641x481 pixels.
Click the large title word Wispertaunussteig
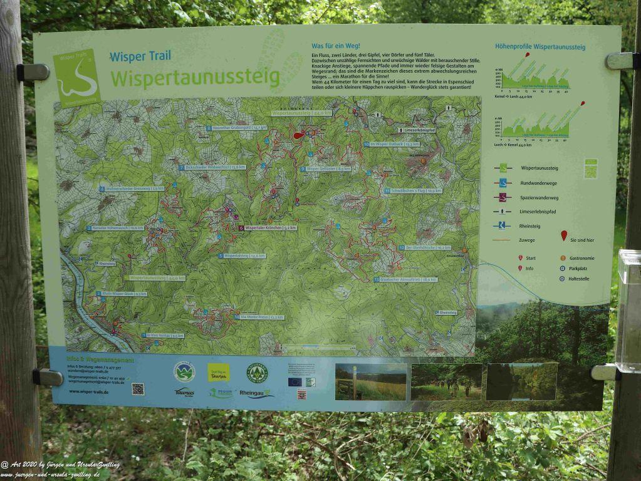(194, 78)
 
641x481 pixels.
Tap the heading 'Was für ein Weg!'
(335, 46)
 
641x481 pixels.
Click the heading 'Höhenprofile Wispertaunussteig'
(539, 47)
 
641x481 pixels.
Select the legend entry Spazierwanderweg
(539, 197)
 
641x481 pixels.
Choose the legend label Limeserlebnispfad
(538, 212)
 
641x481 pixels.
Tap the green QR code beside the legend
(590, 169)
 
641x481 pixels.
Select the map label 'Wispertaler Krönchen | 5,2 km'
(271, 228)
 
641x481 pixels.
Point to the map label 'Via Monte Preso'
(261, 317)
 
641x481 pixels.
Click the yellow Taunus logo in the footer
(218, 372)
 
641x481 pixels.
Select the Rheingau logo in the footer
(257, 393)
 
